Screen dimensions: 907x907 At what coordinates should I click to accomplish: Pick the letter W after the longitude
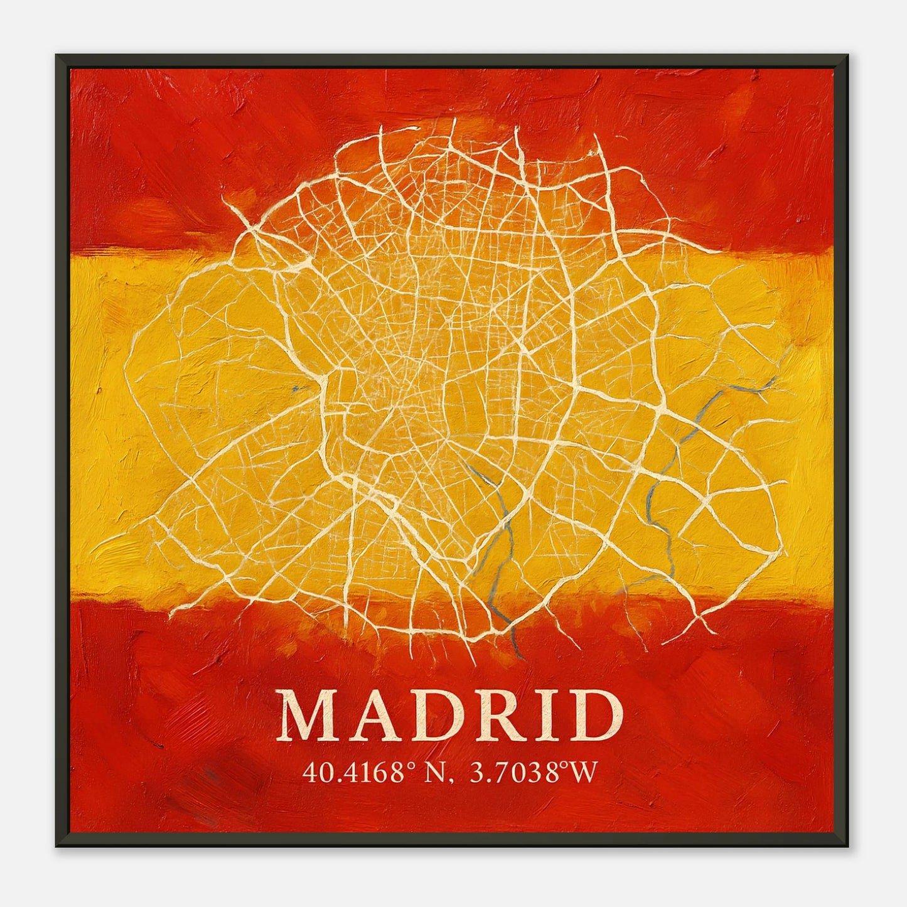583,773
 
